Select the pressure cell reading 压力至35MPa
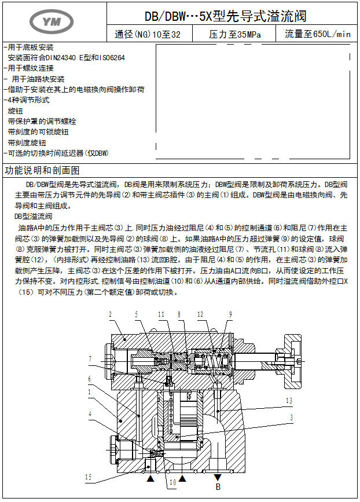(235, 35)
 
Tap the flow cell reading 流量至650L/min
(318, 35)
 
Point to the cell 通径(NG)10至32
(148, 35)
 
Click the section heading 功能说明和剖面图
(42, 171)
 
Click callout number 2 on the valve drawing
(109, 315)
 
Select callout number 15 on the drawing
(88, 477)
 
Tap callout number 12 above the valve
(201, 315)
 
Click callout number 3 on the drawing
(291, 417)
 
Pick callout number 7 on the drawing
(90, 359)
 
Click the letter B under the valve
(218, 488)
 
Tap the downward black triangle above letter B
(218, 478)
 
